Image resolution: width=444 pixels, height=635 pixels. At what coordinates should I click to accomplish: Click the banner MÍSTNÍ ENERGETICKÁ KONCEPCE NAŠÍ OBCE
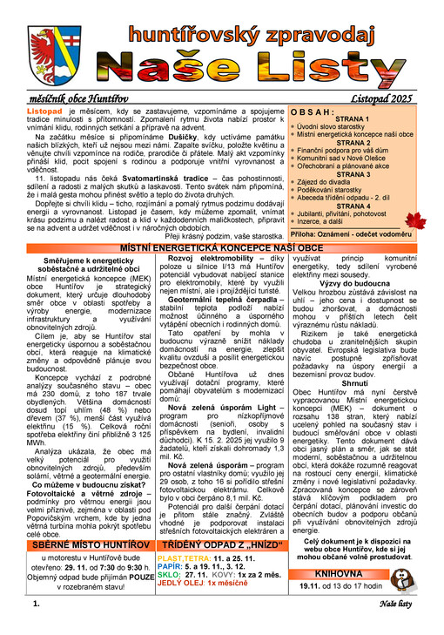(x=221, y=249)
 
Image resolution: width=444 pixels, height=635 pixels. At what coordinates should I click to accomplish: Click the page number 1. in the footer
(x=36, y=626)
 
